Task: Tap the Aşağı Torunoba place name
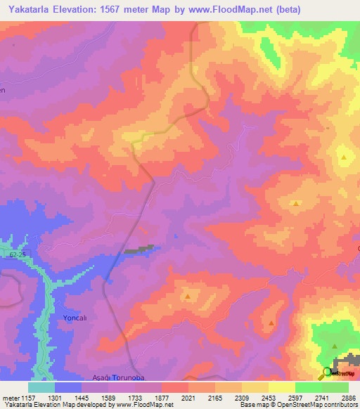(x=118, y=378)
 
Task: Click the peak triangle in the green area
(x=335, y=346)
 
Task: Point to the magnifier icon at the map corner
(x=326, y=373)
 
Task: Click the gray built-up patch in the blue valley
(x=139, y=249)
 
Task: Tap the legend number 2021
(x=188, y=397)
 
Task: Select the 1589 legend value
(x=108, y=397)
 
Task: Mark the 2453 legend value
(x=268, y=397)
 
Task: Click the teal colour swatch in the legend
(x=41, y=387)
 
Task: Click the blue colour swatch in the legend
(x=67, y=387)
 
